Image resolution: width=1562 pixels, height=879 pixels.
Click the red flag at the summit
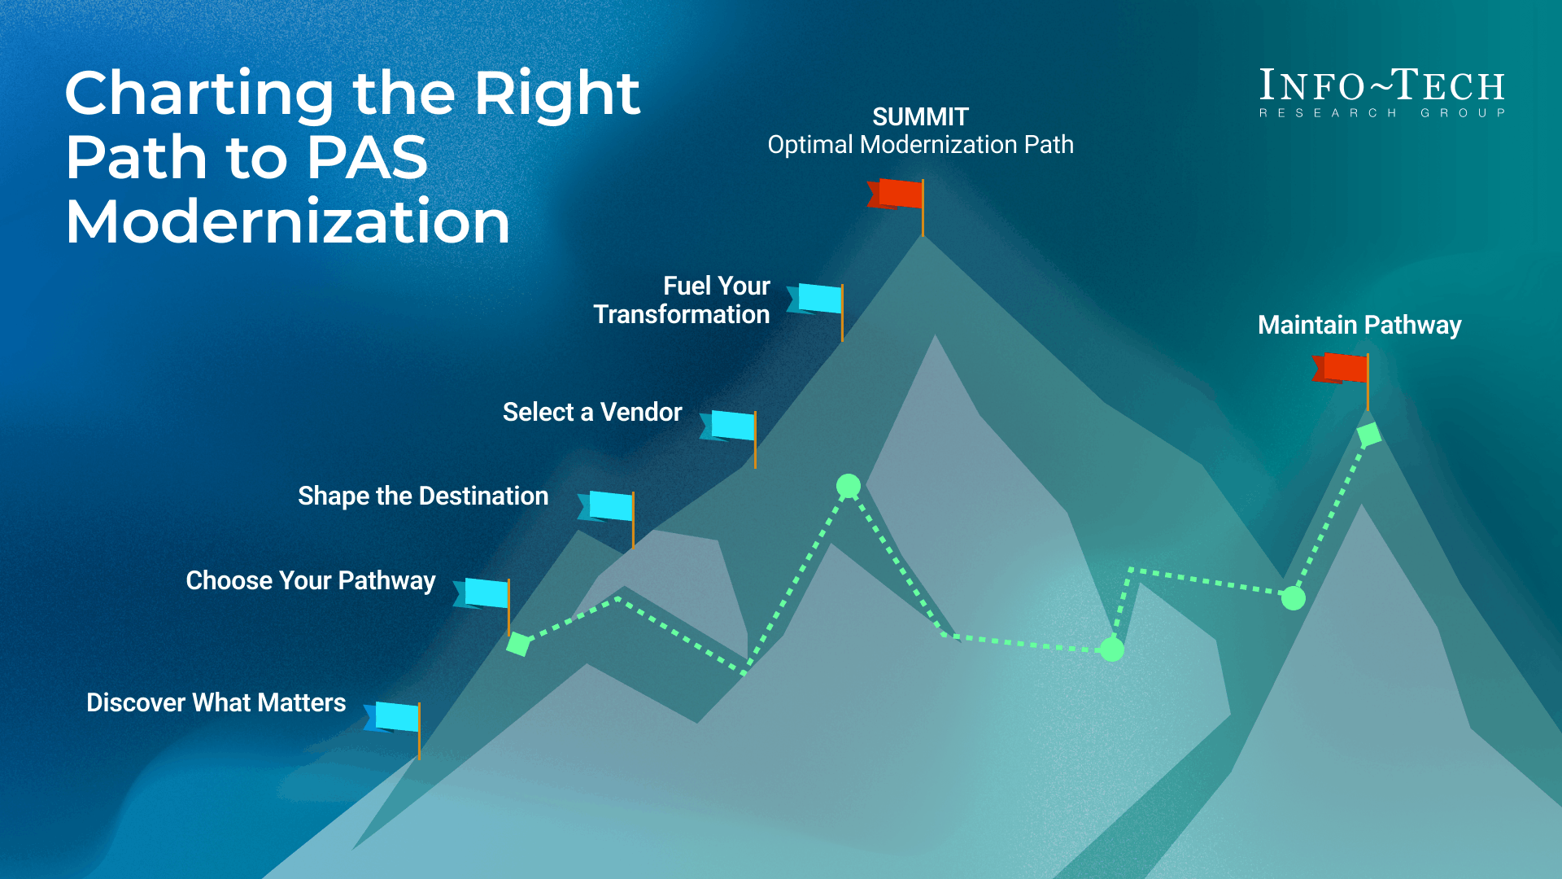[x=898, y=195]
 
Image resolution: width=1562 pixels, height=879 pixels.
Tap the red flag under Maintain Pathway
[x=1343, y=368]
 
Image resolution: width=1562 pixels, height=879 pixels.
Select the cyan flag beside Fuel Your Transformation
[x=818, y=299]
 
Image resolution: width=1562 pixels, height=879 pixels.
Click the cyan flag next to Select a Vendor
[x=731, y=426]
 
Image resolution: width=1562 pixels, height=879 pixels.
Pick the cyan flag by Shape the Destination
[x=609, y=505]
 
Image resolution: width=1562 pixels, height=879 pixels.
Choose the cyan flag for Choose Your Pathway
[x=485, y=593]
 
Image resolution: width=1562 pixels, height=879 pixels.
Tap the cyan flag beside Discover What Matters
[x=395, y=717]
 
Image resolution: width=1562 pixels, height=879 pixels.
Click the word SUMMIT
[x=920, y=117]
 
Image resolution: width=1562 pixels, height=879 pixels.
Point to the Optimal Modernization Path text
[x=920, y=145]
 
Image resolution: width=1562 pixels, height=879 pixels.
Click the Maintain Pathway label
[x=1359, y=325]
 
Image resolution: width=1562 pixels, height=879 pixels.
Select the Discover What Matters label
[x=216, y=702]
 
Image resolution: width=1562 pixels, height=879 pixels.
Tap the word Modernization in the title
[x=287, y=221]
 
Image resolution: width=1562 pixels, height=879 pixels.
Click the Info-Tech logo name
[x=1381, y=86]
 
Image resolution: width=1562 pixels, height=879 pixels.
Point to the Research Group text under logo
[x=1381, y=113]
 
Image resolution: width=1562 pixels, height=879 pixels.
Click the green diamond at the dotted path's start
[x=518, y=645]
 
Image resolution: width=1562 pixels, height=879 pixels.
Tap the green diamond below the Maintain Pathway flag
[x=1368, y=435]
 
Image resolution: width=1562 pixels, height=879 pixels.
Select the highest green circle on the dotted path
[x=849, y=486]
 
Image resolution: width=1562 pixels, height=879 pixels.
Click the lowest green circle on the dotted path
[x=1111, y=649]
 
